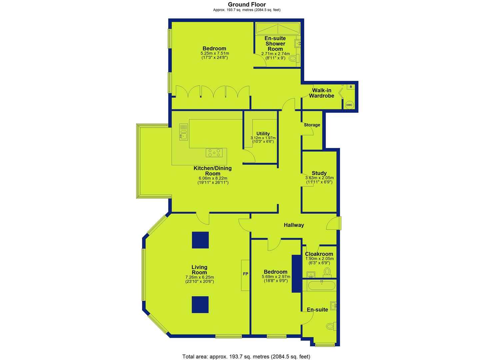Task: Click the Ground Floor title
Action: tap(247, 4)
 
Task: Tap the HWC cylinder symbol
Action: tap(349, 105)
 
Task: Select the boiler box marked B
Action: tap(351, 87)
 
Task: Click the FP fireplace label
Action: tap(246, 274)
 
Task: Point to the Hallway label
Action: tap(294, 225)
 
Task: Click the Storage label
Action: tap(312, 125)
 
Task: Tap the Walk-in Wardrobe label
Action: tap(322, 93)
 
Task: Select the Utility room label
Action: tap(263, 133)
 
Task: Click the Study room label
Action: tap(319, 173)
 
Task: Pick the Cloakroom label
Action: tap(319, 254)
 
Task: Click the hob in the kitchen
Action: tap(214, 153)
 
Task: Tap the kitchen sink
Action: tap(183, 132)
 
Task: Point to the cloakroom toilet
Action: tap(327, 272)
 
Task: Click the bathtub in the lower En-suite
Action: tap(322, 286)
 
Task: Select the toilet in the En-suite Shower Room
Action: tap(294, 59)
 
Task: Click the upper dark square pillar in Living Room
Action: tap(200, 240)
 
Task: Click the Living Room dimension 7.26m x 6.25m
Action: tap(200, 277)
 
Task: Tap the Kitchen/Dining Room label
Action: tap(213, 171)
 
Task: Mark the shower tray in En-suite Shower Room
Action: tap(278, 29)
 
